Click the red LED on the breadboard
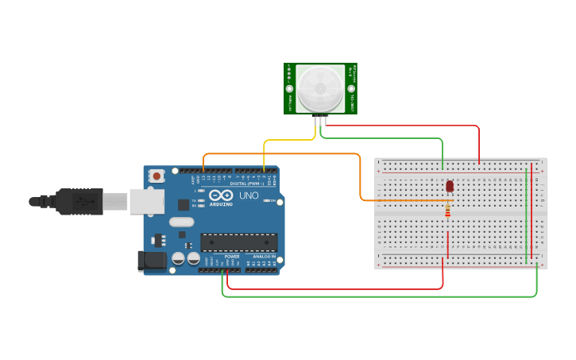pyautogui.click(x=450, y=186)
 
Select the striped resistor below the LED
pyautogui.click(x=447, y=210)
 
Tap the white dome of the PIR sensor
pyautogui.click(x=321, y=87)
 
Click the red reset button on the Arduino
pyautogui.click(x=157, y=176)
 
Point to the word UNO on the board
pyautogui.click(x=249, y=195)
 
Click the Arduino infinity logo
pyautogui.click(x=222, y=195)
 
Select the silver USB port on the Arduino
pyautogui.click(x=147, y=201)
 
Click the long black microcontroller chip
pyautogui.click(x=238, y=242)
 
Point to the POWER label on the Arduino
pyautogui.click(x=232, y=257)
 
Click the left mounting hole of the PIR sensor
pyautogui.click(x=290, y=88)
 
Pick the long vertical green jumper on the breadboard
pyautogui.click(x=526, y=215)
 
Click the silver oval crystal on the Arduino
pyautogui.click(x=181, y=223)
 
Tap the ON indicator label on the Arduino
pyautogui.click(x=271, y=200)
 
